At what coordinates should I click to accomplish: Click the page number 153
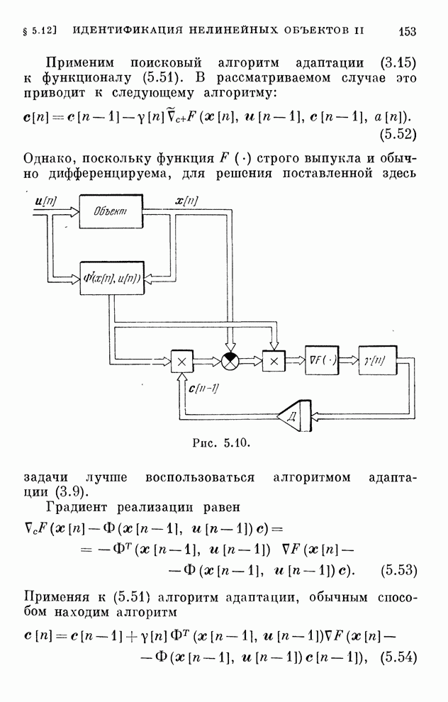click(x=407, y=31)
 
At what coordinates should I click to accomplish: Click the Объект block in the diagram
click(x=111, y=211)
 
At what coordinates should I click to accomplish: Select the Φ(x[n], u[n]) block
click(x=112, y=278)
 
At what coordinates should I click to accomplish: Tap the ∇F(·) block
click(x=322, y=360)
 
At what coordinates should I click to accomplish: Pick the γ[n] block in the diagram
click(x=378, y=360)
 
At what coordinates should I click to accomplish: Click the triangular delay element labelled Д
click(x=293, y=416)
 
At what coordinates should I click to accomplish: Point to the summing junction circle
click(x=230, y=360)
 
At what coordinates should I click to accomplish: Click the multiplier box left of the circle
click(x=181, y=361)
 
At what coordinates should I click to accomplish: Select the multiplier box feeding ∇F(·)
click(x=274, y=361)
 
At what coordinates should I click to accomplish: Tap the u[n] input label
click(x=45, y=201)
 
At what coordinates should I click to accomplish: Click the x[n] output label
click(x=186, y=201)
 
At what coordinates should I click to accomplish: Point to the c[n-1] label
click(x=203, y=388)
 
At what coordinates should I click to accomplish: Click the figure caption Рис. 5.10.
click(x=221, y=443)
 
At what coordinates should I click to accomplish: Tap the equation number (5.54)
click(x=398, y=657)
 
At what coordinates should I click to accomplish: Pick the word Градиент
click(x=76, y=507)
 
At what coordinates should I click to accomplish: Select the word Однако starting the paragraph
click(x=48, y=159)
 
